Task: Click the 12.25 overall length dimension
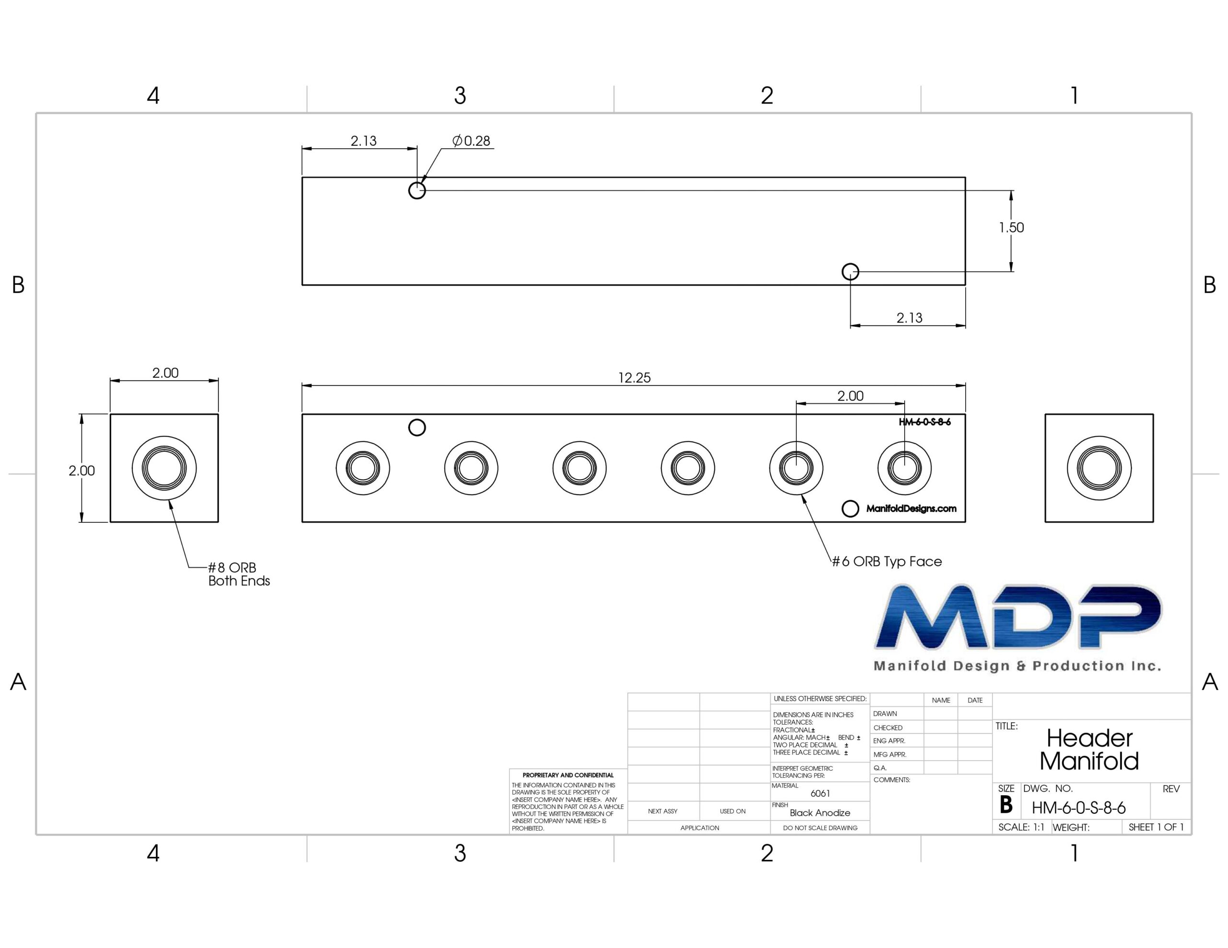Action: pyautogui.click(x=634, y=378)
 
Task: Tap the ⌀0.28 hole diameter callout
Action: pyautogui.click(x=471, y=140)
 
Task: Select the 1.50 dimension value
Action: pyautogui.click(x=1012, y=228)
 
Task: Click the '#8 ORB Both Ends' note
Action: pyautogui.click(x=239, y=574)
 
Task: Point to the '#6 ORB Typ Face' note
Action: pyautogui.click(x=886, y=561)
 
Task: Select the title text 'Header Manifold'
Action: pyautogui.click(x=1089, y=750)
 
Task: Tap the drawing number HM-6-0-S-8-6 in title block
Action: pyautogui.click(x=1078, y=808)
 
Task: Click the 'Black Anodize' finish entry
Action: pyautogui.click(x=820, y=812)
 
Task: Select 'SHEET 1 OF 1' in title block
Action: pyautogui.click(x=1156, y=827)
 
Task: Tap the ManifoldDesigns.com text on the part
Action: pyautogui.click(x=911, y=509)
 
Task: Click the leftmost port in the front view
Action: pyautogui.click(x=363, y=468)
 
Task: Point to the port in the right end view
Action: pyautogui.click(x=1098, y=468)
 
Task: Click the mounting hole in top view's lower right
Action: pyautogui.click(x=850, y=272)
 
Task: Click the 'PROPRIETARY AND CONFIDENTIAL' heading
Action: pyautogui.click(x=568, y=775)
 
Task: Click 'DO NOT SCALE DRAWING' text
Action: pyautogui.click(x=820, y=828)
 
